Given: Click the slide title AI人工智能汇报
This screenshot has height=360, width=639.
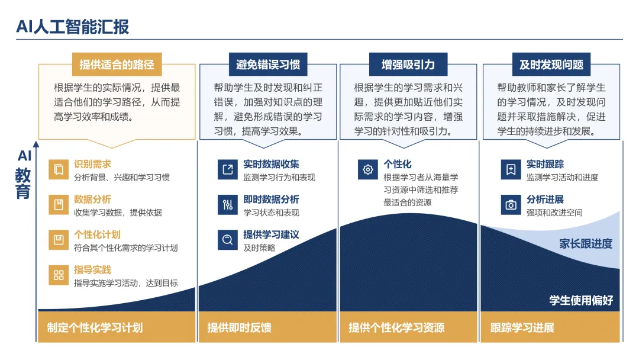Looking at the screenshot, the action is (73, 27).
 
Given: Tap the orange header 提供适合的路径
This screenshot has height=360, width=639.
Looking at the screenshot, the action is (117, 65).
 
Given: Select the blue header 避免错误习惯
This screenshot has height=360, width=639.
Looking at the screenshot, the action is (268, 65).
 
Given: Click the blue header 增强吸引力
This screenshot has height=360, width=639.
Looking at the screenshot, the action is (408, 65).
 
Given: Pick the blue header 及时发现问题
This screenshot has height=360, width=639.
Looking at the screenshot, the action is (551, 65).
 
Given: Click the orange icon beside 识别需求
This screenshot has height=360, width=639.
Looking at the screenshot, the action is (59, 169).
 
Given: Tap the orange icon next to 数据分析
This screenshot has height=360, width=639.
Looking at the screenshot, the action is (59, 204).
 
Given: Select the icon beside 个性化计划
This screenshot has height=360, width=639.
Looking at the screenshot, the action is (59, 240).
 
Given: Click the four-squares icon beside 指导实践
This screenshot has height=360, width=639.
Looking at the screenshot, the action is (59, 275).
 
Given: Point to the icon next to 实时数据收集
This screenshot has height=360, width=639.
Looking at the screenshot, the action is (227, 169).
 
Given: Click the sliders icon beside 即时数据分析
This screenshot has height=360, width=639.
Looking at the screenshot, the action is (227, 204).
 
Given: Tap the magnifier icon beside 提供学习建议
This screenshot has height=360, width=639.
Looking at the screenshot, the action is (227, 240).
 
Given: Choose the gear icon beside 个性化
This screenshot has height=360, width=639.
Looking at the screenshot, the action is (368, 169).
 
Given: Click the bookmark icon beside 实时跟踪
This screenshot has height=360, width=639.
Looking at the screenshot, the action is (511, 169).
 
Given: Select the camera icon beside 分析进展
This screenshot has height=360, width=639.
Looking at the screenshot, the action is (511, 204).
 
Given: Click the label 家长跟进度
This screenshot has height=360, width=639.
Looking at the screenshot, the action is (586, 244).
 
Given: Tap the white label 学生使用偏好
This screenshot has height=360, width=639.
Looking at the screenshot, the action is (581, 300).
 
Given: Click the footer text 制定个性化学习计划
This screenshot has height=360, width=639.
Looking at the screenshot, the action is (95, 328).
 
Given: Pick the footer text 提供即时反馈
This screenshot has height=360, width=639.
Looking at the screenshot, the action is (239, 328).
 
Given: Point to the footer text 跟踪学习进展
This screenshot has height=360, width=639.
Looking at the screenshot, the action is (522, 328).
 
